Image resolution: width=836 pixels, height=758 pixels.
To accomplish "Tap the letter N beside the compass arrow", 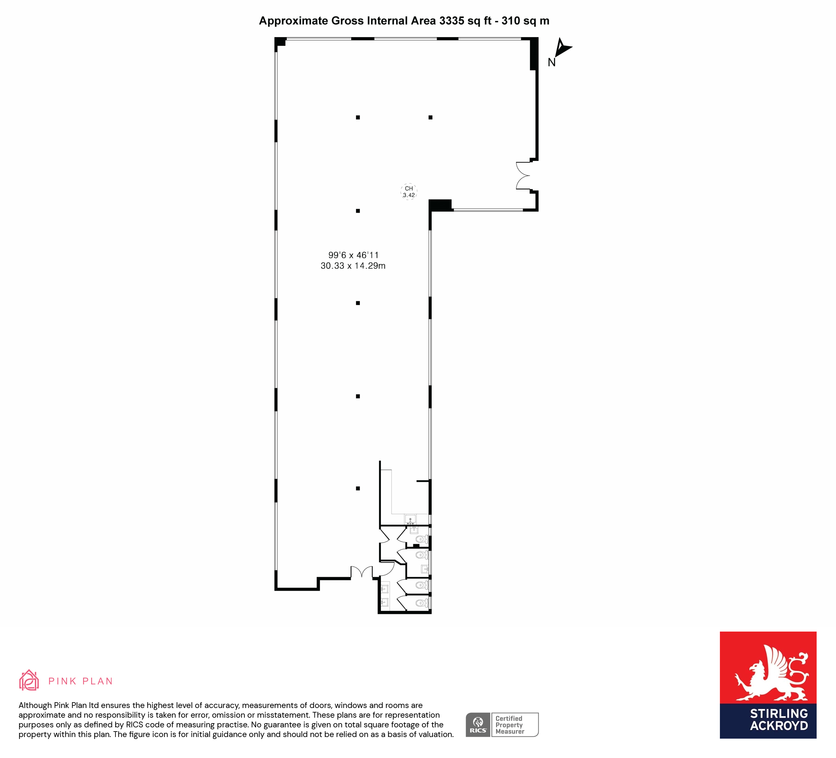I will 552,63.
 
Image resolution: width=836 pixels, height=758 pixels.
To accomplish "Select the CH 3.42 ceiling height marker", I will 409,192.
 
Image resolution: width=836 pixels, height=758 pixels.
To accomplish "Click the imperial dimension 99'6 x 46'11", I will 353,255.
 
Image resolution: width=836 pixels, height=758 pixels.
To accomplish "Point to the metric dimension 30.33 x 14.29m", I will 353,266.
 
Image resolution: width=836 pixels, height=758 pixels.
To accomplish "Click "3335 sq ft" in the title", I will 465,21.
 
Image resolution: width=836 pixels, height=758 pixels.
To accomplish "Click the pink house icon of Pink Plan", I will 29,681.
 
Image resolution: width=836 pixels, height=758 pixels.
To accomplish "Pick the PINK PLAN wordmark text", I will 80,681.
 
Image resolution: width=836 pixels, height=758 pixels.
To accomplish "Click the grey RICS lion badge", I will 478,725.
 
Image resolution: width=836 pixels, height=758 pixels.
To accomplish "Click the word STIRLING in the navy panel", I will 779,713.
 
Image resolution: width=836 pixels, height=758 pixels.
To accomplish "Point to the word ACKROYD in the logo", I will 779,726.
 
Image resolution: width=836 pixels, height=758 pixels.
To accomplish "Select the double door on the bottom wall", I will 362,572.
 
